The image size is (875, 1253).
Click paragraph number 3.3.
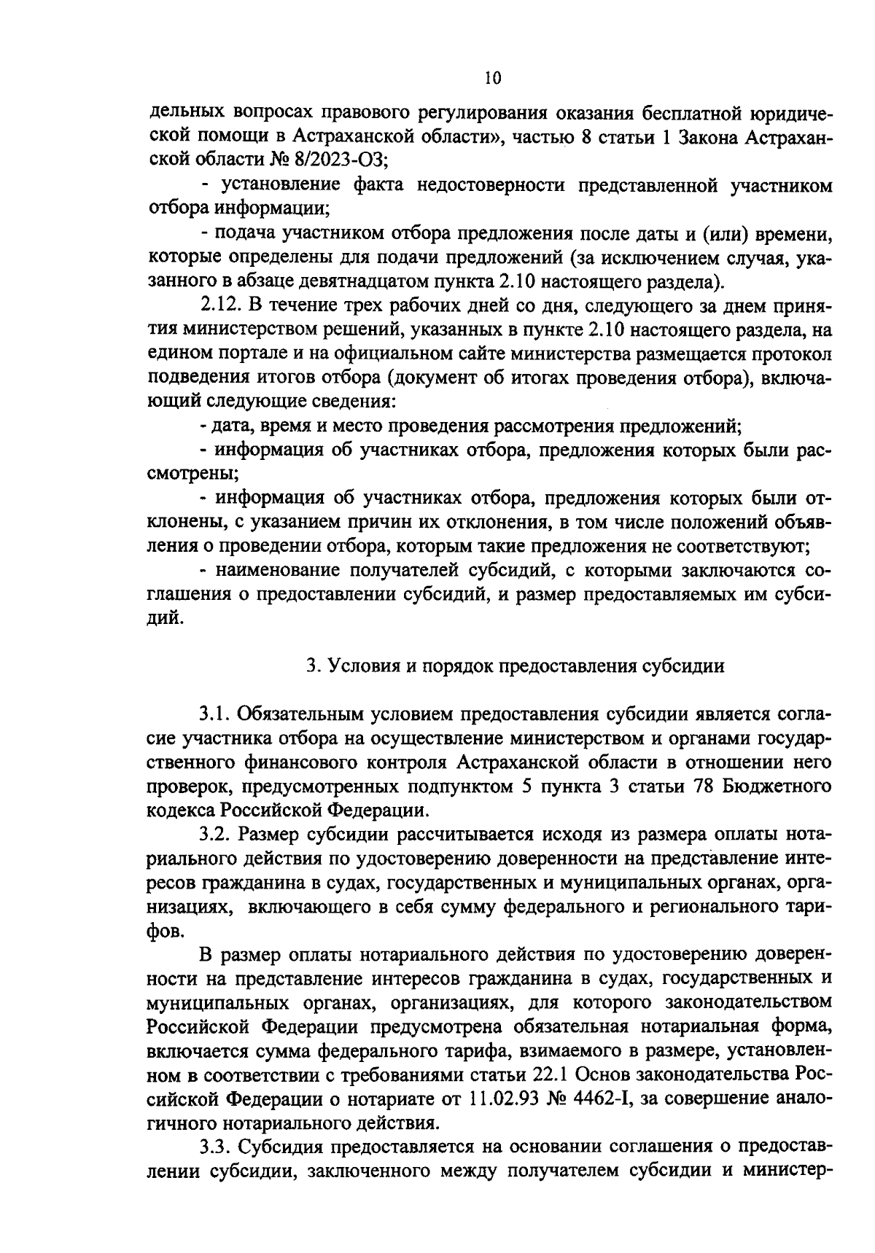point(216,1147)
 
